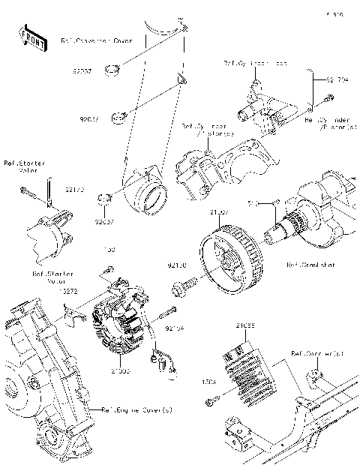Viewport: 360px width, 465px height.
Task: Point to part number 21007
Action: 219,213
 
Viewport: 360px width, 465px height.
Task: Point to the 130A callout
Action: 209,382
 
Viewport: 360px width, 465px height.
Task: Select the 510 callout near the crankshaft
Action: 253,202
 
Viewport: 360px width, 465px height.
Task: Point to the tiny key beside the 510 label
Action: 274,201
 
